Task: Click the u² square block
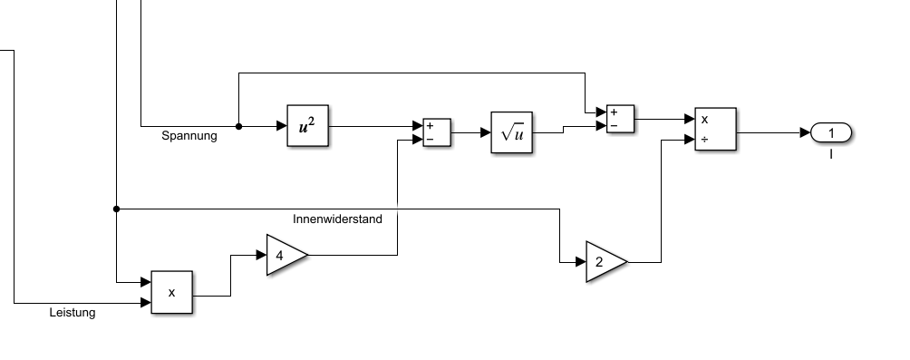point(307,126)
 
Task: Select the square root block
point(512,132)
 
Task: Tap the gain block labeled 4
point(286,255)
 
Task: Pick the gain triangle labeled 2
point(606,262)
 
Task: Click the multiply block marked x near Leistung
point(172,293)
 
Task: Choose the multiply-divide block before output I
point(715,129)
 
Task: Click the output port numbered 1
point(831,133)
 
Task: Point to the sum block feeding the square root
point(437,133)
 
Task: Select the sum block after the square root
point(620,119)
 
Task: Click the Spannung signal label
point(189,136)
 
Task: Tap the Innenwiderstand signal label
point(337,219)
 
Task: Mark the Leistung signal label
point(73,312)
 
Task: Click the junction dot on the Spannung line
point(238,126)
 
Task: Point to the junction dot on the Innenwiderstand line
point(117,209)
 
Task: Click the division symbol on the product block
point(704,140)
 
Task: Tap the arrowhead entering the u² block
point(282,126)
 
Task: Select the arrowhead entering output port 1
point(806,133)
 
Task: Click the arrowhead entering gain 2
point(581,262)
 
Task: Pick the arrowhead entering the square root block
point(487,133)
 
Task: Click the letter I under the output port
point(831,154)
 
